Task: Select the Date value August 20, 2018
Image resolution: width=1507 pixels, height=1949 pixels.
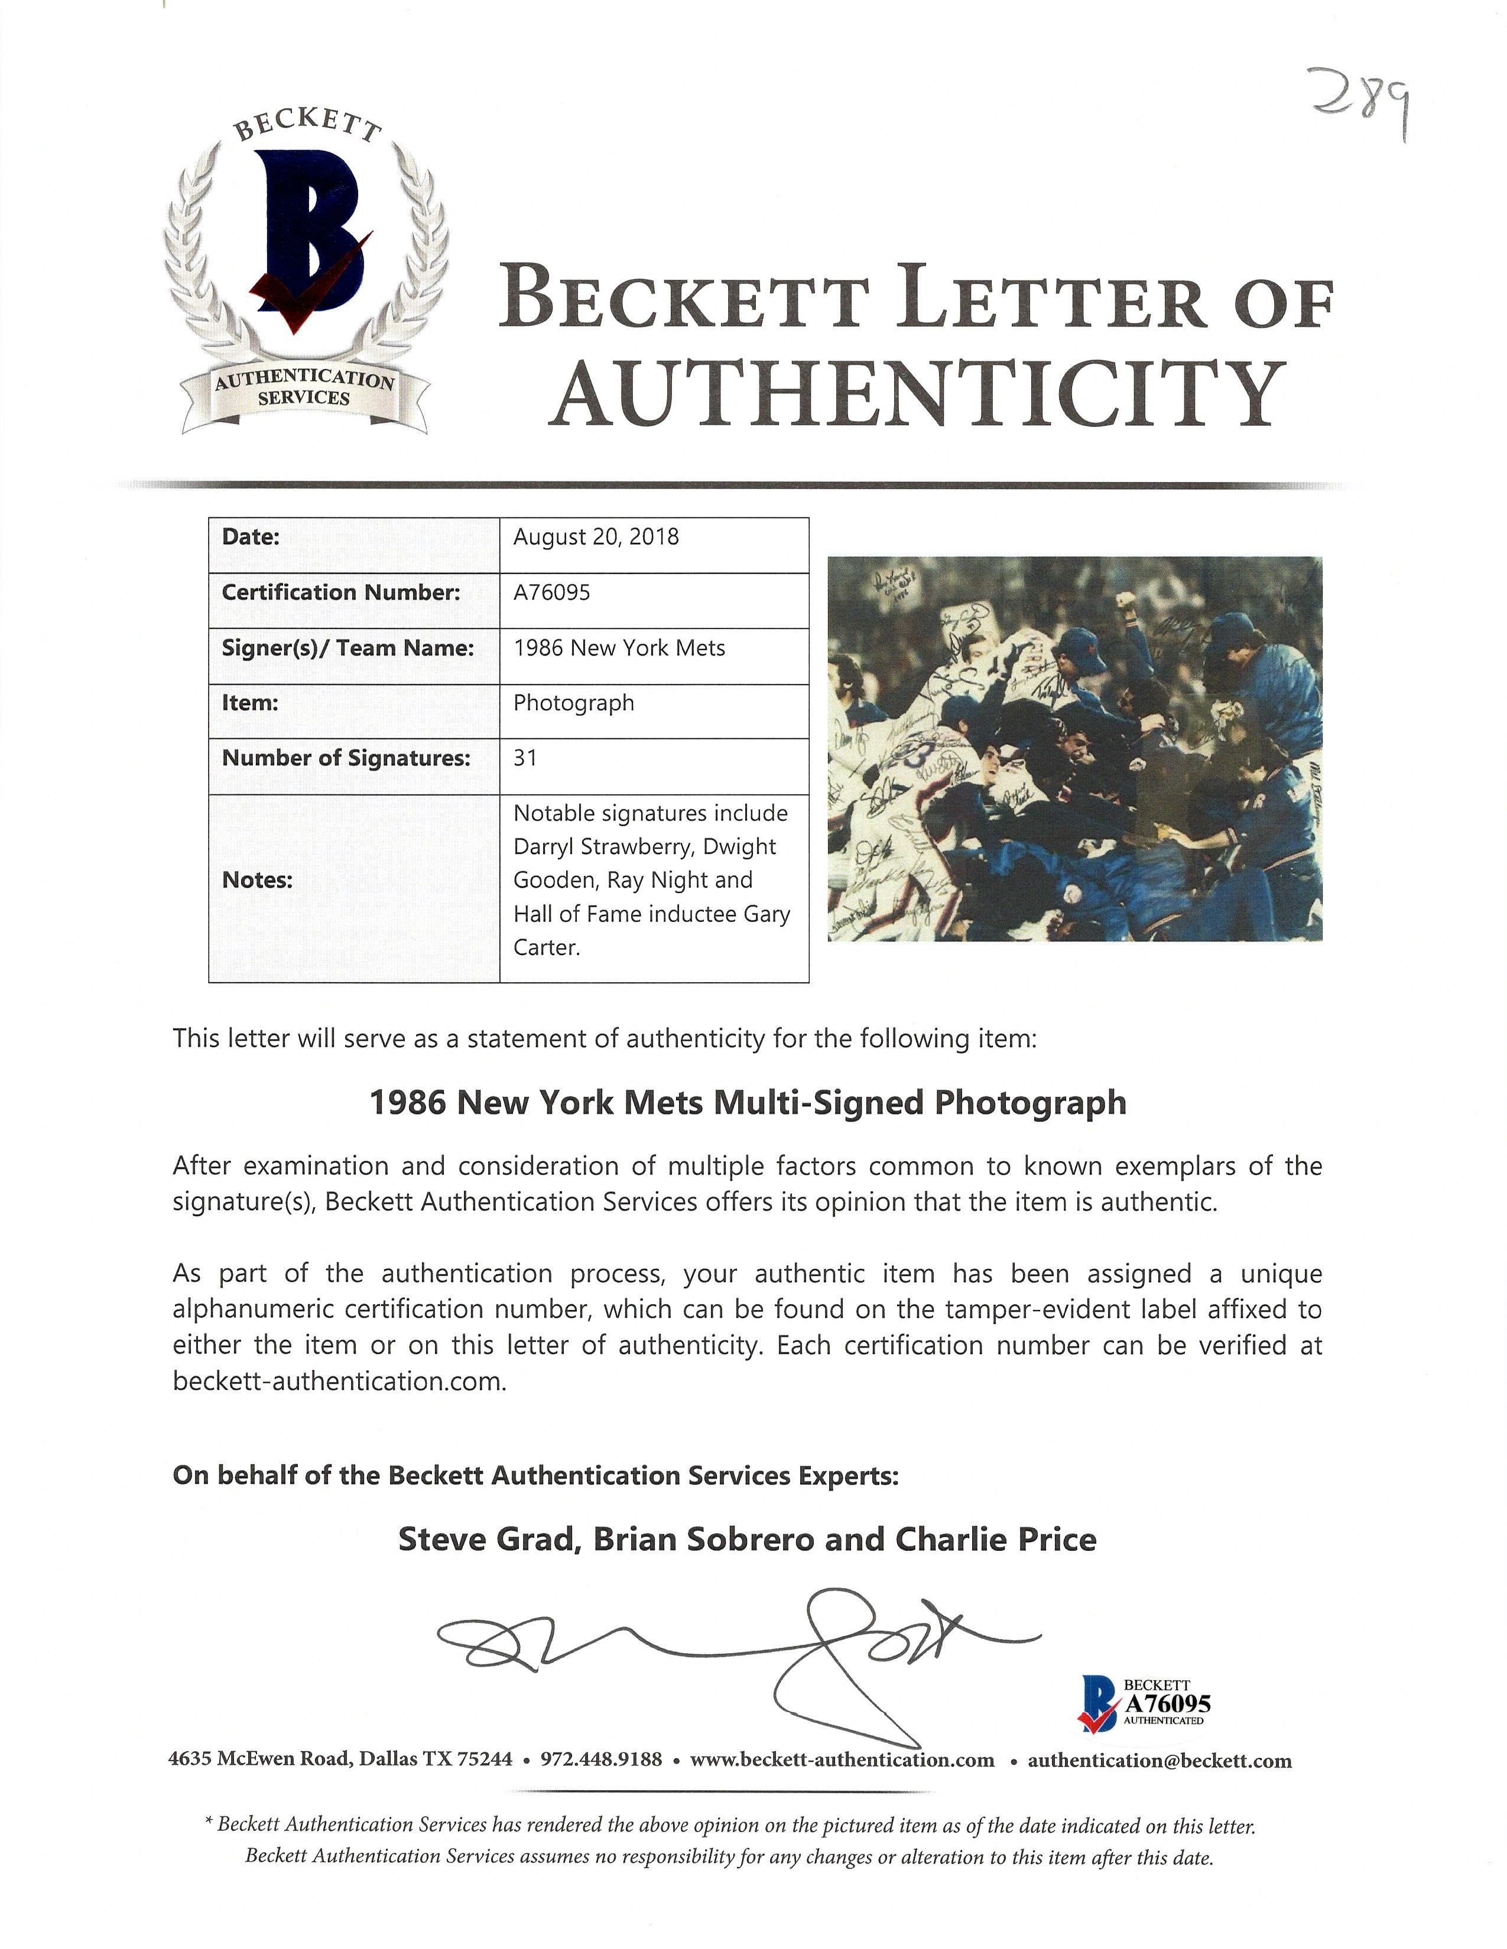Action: (596, 537)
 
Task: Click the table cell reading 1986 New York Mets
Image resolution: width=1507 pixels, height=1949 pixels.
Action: (619, 648)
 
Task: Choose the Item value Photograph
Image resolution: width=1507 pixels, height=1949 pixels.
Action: (573, 703)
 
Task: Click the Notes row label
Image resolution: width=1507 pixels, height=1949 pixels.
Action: (257, 880)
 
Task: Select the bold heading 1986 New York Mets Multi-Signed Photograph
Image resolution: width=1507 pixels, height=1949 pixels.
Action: (747, 1103)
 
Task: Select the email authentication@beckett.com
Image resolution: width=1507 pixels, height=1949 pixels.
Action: (1159, 1761)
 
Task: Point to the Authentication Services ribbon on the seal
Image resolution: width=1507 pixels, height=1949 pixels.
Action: (304, 389)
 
